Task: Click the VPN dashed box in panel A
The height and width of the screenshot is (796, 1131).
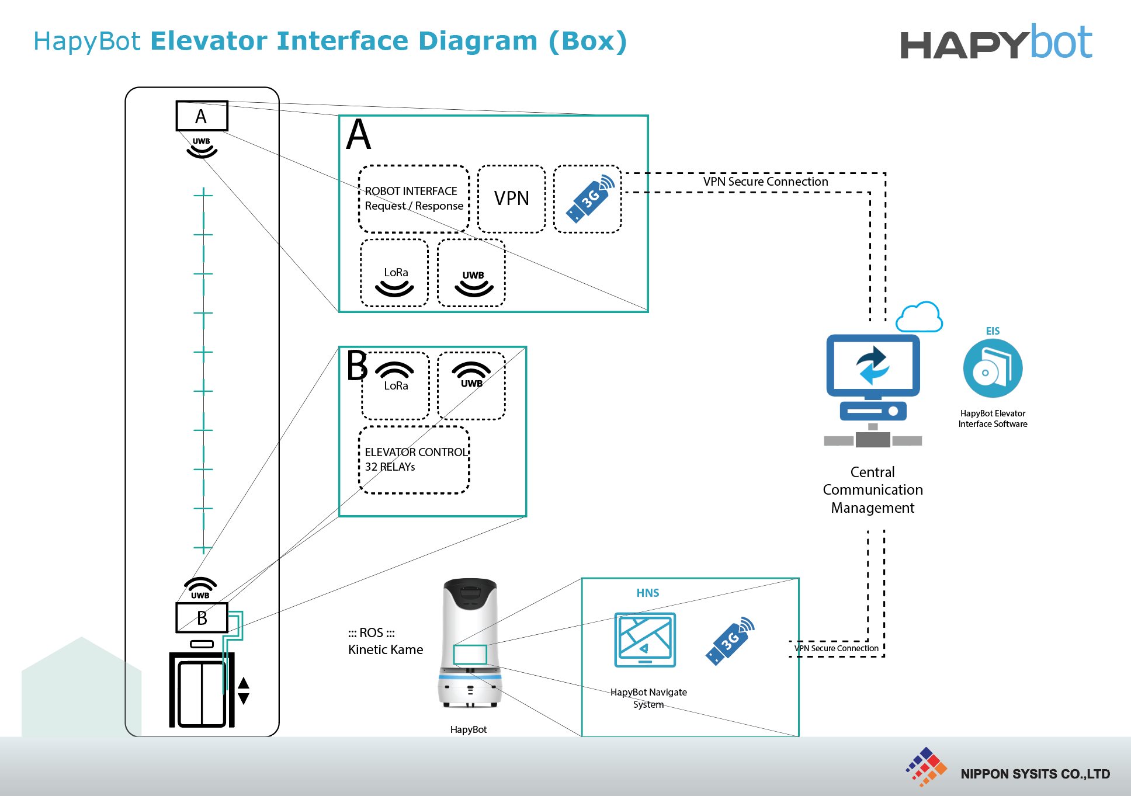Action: click(x=511, y=199)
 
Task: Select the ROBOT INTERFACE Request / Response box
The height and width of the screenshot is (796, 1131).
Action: click(x=414, y=199)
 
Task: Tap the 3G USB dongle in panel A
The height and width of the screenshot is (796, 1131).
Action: click(x=589, y=199)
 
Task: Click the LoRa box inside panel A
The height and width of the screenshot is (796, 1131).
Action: click(x=395, y=273)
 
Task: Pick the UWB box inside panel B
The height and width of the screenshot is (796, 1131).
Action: click(x=471, y=385)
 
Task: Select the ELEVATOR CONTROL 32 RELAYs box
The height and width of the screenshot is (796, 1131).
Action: click(x=414, y=460)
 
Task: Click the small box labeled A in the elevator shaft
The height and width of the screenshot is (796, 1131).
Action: click(x=202, y=116)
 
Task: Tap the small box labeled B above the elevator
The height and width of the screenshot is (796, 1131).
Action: click(x=202, y=617)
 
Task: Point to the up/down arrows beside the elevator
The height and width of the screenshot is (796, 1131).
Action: click(x=244, y=690)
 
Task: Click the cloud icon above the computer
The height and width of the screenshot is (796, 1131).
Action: click(x=919, y=317)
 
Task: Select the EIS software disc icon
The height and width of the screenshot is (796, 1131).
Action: click(x=992, y=369)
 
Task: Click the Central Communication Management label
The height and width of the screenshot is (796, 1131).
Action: click(x=872, y=489)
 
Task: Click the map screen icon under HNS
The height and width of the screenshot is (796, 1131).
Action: click(x=645, y=639)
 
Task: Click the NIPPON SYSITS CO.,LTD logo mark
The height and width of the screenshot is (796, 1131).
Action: click(x=927, y=767)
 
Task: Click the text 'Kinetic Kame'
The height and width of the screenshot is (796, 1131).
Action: click(x=386, y=649)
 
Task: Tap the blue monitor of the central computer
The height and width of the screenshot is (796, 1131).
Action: click(x=873, y=364)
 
